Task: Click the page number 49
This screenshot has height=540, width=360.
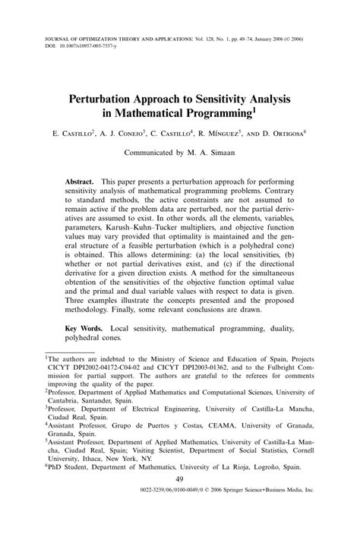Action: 180,501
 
